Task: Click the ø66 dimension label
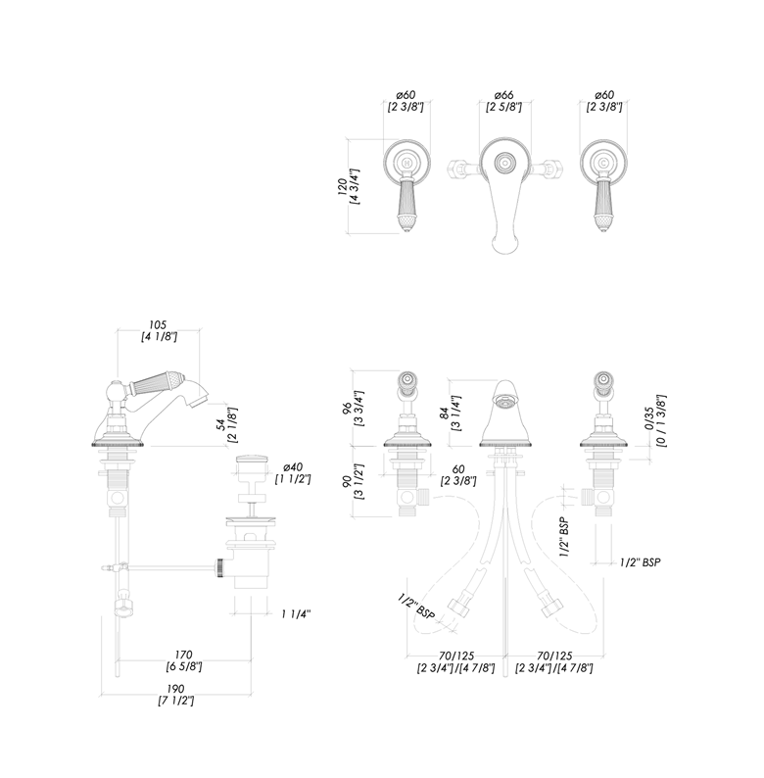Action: [504, 95]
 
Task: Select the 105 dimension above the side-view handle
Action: [158, 325]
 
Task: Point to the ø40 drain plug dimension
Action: [293, 467]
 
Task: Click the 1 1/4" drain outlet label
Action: [296, 614]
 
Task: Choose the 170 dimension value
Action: [183, 655]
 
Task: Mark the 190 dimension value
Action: [175, 689]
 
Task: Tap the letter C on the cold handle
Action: [603, 163]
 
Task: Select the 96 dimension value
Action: [347, 407]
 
